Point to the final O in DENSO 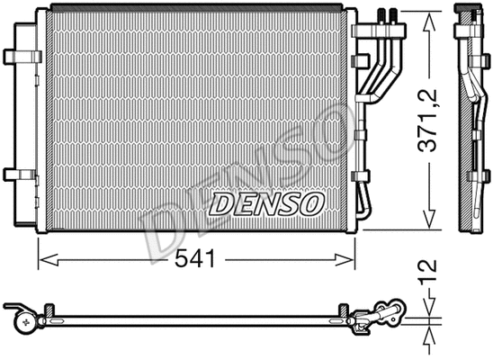point(309,204)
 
